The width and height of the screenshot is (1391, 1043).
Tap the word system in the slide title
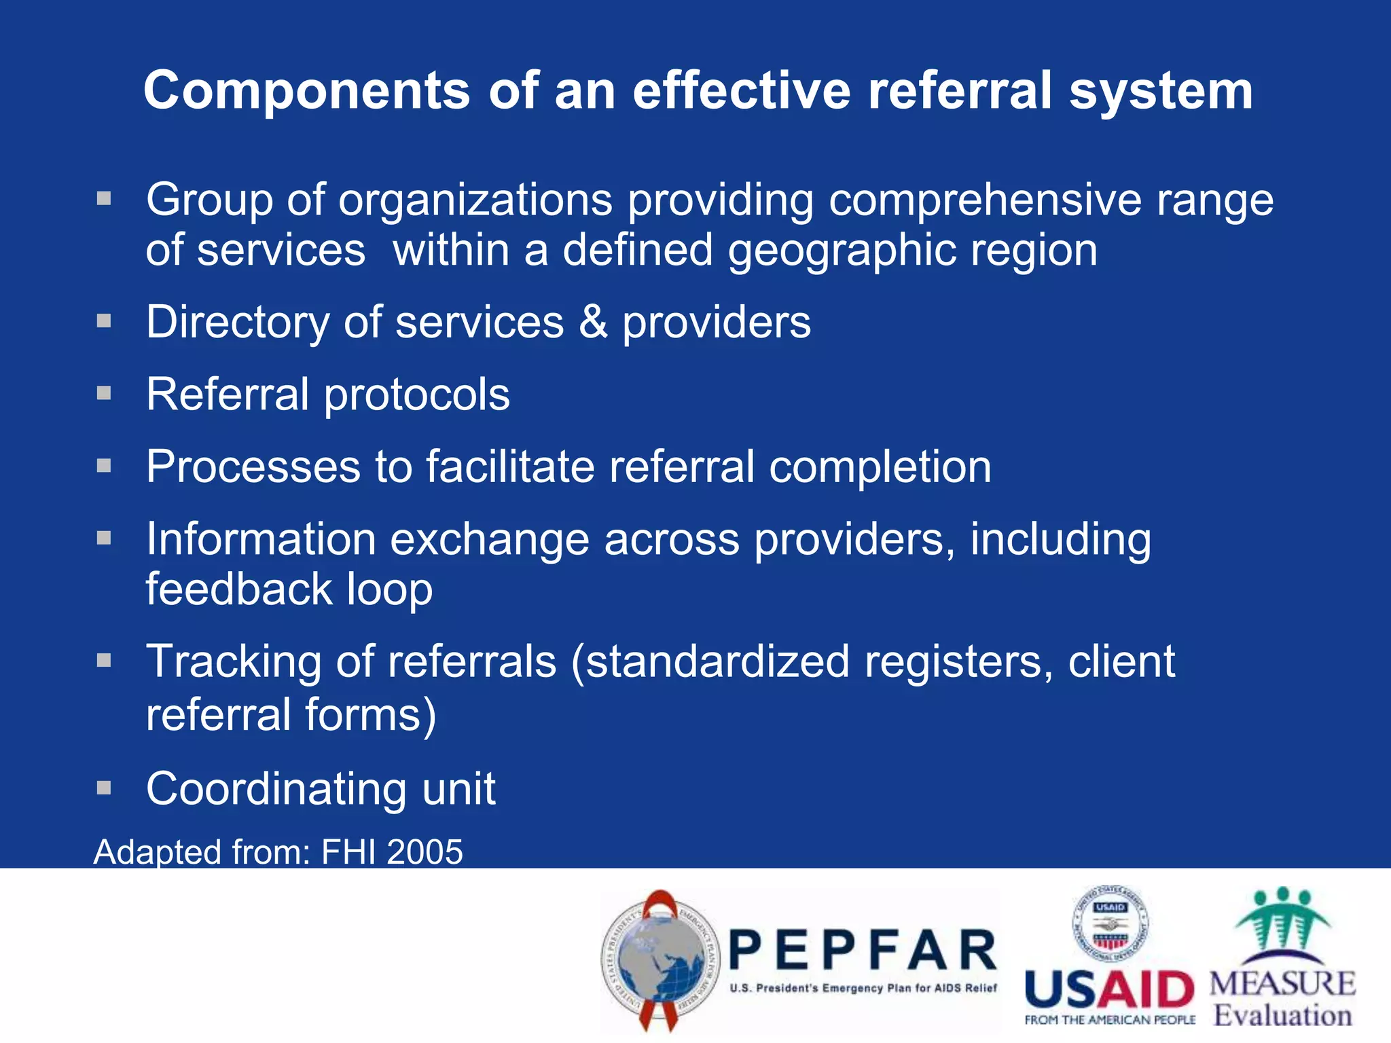click(1161, 91)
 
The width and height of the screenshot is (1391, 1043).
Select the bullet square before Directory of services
click(104, 321)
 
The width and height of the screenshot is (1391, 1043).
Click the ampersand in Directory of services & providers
click(593, 322)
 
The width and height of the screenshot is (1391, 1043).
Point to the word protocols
click(416, 395)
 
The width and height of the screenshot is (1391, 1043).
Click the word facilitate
click(510, 467)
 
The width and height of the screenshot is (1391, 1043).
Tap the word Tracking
click(233, 661)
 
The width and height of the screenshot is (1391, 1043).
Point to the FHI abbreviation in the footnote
click(348, 852)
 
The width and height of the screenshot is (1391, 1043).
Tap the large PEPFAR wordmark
click(863, 951)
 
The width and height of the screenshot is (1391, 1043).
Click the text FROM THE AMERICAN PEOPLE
click(1110, 1020)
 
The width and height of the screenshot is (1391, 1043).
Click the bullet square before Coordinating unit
click(104, 788)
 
